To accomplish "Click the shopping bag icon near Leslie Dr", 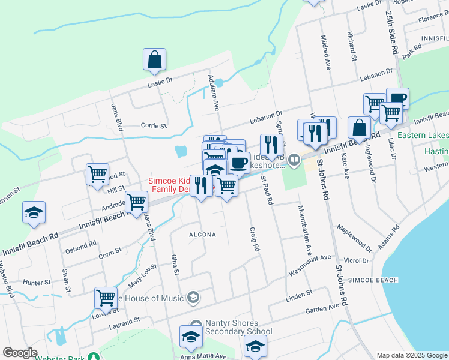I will pos(155,59).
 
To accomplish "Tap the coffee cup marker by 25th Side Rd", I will pos(397,98).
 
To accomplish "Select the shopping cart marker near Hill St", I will pos(97,175).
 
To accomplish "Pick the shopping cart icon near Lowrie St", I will pos(106,298).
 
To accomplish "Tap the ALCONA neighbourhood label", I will pos(202,235).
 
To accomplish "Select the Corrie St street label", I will pos(153,126).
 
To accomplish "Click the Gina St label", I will pos(176,264).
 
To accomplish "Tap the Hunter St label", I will pos(37,281).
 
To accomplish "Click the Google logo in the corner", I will pos(20,353).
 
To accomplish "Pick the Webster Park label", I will pos(59,358).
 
